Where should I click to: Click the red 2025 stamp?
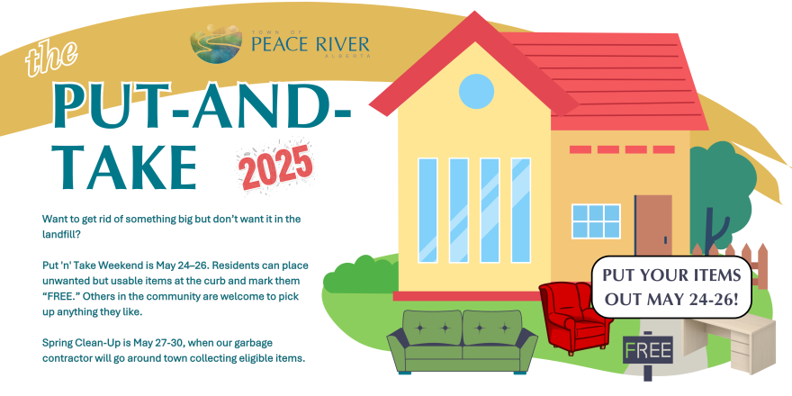point(276,167)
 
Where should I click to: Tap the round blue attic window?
point(476,91)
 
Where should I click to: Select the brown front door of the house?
point(653,225)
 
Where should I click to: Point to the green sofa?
point(462,341)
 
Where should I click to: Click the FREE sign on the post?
point(647,349)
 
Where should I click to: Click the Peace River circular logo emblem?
point(216,44)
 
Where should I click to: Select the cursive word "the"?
point(50,58)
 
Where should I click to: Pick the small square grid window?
point(596,221)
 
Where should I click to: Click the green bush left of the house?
point(360,275)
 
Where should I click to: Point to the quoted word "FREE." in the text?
point(60,296)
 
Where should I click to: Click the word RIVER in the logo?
point(338,44)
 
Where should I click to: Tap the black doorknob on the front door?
point(665,240)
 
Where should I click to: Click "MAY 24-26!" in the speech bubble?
point(671,299)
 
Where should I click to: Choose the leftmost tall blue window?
point(427,210)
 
